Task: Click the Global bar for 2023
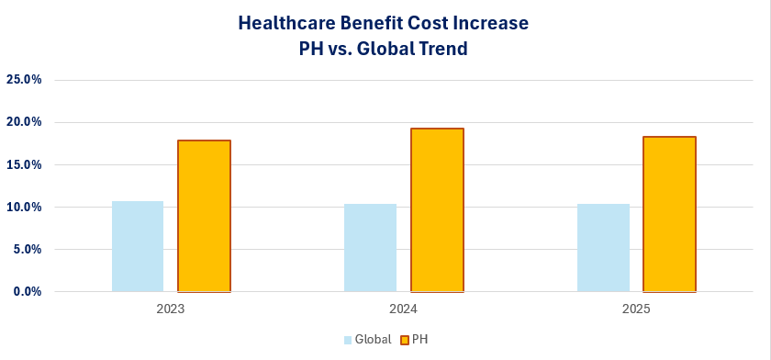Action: point(138,246)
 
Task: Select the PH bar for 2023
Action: point(204,216)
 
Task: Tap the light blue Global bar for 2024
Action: point(370,247)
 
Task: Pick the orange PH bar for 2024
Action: point(437,210)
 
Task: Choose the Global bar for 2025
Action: point(603,247)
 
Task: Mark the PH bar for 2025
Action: point(669,214)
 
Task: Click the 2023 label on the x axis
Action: point(171,309)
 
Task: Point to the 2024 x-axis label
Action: point(403,309)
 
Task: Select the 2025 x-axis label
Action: point(635,309)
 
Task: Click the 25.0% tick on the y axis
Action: point(25,80)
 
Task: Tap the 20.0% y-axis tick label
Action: point(25,122)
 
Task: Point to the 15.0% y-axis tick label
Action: point(25,164)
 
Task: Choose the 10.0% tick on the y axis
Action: point(25,207)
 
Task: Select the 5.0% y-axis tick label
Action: point(28,249)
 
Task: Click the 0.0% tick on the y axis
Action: point(28,291)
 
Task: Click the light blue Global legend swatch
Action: point(348,340)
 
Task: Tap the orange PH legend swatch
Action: point(404,340)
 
